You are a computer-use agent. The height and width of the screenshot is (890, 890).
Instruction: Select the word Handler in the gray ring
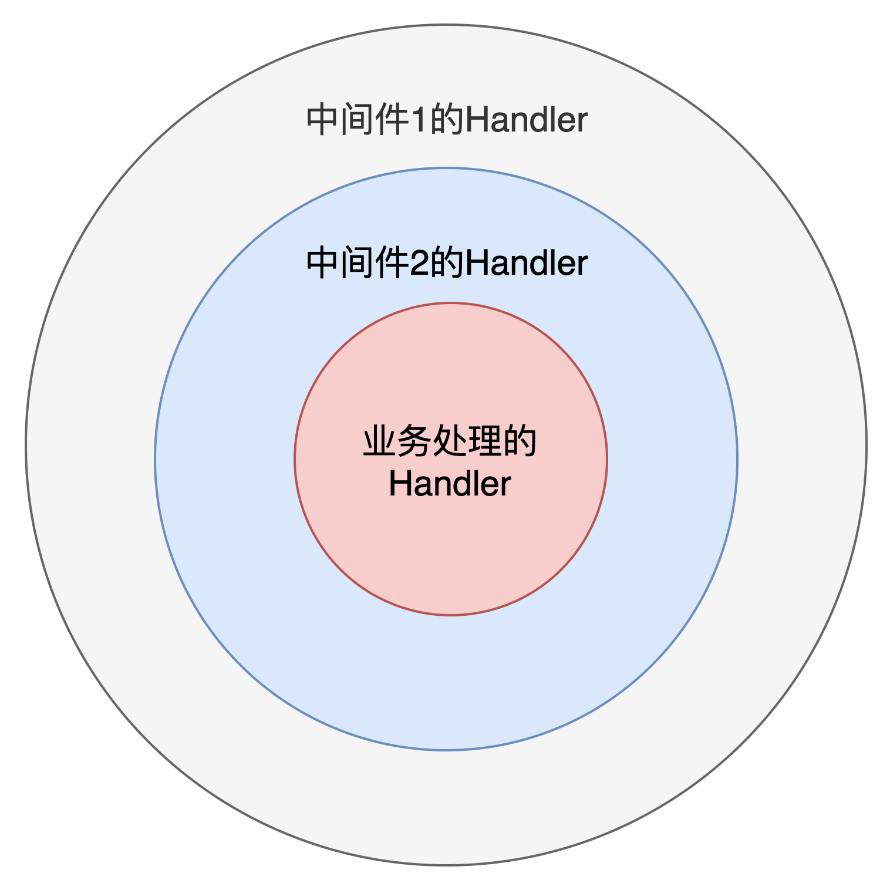(526, 120)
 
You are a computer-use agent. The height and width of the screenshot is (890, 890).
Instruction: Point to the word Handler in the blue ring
(526, 263)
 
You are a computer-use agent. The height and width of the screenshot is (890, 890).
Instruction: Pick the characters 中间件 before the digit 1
(358, 120)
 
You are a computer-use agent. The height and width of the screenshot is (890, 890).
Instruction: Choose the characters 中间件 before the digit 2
(358, 263)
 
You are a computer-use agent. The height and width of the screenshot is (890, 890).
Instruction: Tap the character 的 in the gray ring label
(447, 120)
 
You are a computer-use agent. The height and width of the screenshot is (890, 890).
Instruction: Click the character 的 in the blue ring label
(447, 263)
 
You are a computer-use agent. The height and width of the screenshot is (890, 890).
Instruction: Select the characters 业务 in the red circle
(397, 441)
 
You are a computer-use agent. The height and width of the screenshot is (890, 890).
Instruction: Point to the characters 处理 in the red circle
(467, 441)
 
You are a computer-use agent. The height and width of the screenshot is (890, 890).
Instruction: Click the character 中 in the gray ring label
(323, 120)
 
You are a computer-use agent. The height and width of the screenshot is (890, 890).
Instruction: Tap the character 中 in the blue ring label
(323, 263)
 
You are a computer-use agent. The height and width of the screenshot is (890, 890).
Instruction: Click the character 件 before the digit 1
(392, 120)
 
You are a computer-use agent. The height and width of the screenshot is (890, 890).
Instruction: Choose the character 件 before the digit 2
(392, 263)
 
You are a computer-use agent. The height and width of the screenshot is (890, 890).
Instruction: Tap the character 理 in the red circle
(485, 441)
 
